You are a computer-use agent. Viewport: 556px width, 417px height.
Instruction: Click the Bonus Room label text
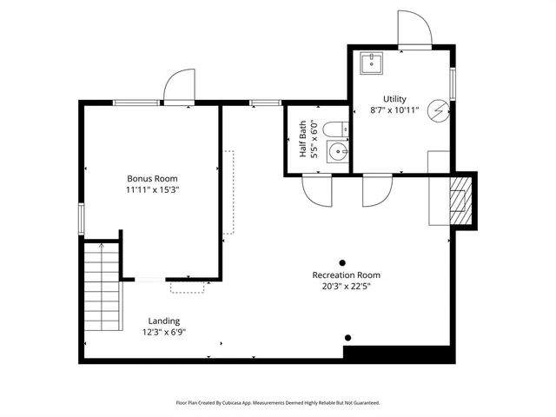pyautogui.click(x=152, y=178)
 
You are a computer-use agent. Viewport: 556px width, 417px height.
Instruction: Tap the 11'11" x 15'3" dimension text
pyautogui.click(x=152, y=189)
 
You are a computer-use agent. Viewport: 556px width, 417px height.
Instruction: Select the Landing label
pyautogui.click(x=163, y=321)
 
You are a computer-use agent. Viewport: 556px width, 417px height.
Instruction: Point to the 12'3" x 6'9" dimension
pyautogui.click(x=163, y=332)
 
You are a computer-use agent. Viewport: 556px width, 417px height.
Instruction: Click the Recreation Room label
pyautogui.click(x=346, y=275)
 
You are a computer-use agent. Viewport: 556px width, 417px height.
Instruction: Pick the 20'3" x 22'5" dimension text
pyautogui.click(x=346, y=287)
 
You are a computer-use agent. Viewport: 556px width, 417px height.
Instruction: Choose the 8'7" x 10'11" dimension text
pyautogui.click(x=394, y=110)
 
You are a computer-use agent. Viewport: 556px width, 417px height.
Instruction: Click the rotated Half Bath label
pyautogui.click(x=303, y=139)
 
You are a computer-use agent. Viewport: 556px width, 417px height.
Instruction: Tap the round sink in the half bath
pyautogui.click(x=341, y=155)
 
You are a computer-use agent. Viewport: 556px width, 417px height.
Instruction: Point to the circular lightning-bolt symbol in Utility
pyautogui.click(x=440, y=109)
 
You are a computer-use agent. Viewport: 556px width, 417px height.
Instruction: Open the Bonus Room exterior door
pyautogui.click(x=178, y=87)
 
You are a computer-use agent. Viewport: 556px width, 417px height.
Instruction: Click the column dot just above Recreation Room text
pyautogui.click(x=342, y=262)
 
